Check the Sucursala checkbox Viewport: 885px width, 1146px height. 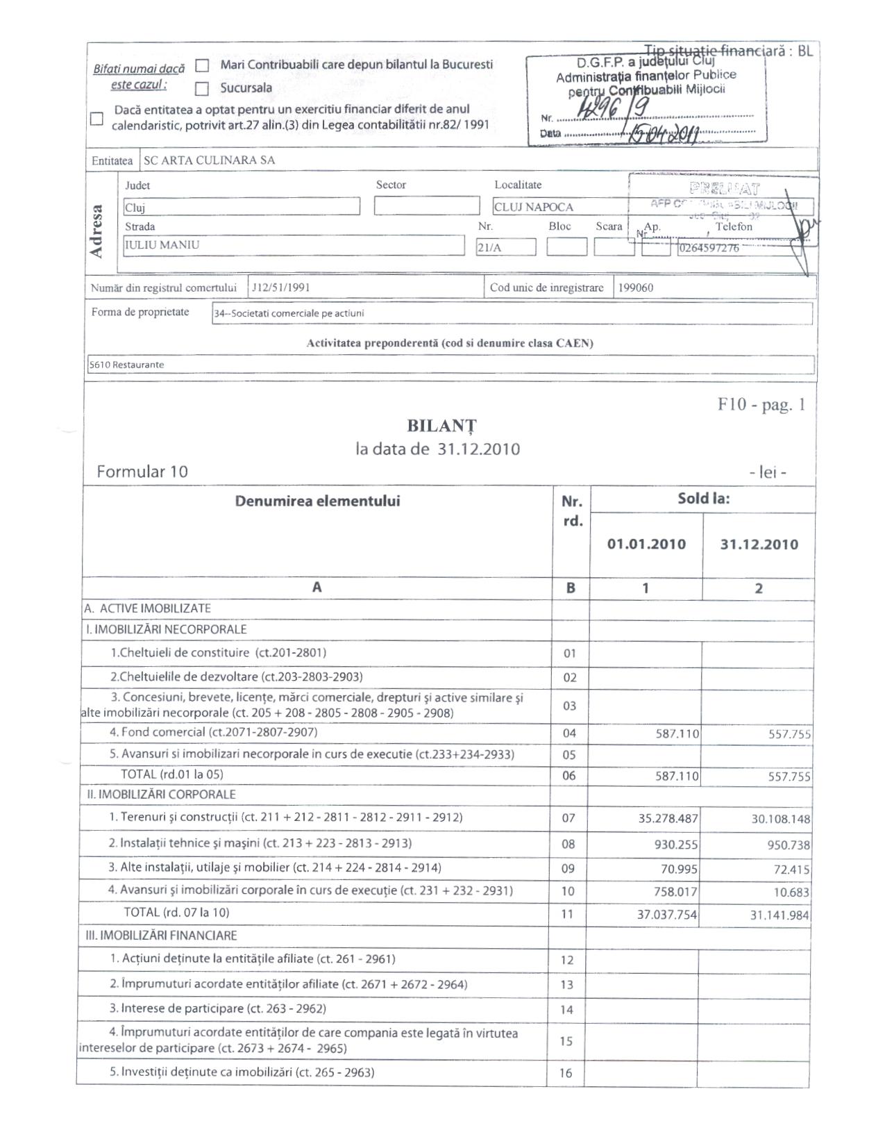(x=202, y=89)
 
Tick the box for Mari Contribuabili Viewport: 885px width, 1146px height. (x=202, y=66)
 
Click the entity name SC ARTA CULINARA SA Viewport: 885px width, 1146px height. (x=209, y=160)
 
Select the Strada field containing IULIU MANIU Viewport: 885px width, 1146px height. (x=294, y=245)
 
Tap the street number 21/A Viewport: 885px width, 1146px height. (x=505, y=247)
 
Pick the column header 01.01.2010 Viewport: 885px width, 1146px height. (x=646, y=545)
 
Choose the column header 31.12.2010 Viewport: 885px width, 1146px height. (x=759, y=545)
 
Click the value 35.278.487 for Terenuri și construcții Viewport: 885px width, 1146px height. (x=668, y=819)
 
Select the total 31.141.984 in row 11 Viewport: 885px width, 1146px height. (x=779, y=915)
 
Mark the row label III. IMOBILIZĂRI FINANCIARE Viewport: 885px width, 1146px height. (x=160, y=936)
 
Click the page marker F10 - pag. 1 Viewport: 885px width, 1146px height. (x=761, y=406)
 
